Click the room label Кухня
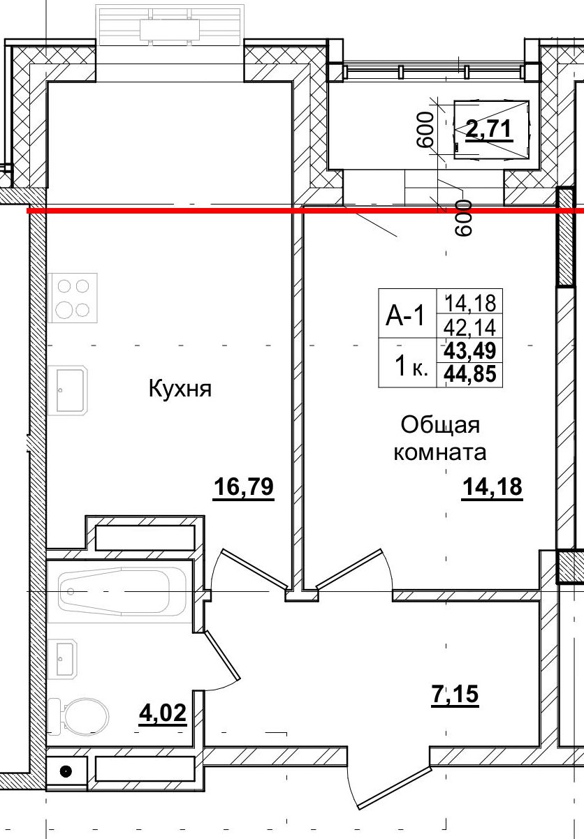(x=180, y=388)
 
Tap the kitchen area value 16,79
(x=242, y=487)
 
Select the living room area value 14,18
(x=491, y=487)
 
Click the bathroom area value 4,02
(x=163, y=713)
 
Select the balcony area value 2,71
(x=489, y=129)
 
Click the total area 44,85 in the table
(x=469, y=376)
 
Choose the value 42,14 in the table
(x=469, y=327)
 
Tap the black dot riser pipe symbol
(x=66, y=771)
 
